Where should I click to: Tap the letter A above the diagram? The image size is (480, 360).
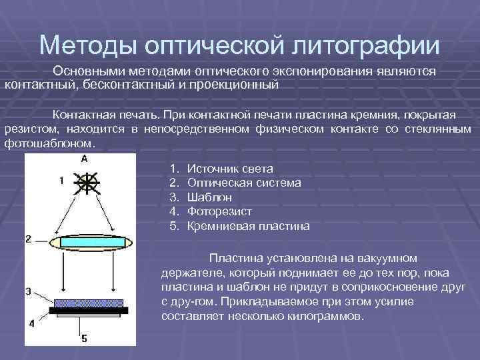coord(84,159)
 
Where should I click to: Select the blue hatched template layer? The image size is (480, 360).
coord(89,303)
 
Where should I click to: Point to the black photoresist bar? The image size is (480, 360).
coord(89,311)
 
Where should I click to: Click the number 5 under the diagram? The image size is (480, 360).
coord(84,339)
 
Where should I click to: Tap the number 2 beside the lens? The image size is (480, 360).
coord(28,238)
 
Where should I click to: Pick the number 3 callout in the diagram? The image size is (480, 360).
coord(28,291)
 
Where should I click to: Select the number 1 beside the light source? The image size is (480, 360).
coord(61,180)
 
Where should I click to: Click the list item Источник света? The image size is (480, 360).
coord(231,169)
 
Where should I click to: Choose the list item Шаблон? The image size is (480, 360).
coord(210,197)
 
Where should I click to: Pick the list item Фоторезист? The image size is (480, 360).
coord(219,211)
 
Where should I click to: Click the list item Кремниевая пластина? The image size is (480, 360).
coord(249,226)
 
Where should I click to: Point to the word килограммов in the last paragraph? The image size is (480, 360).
coord(323,316)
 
